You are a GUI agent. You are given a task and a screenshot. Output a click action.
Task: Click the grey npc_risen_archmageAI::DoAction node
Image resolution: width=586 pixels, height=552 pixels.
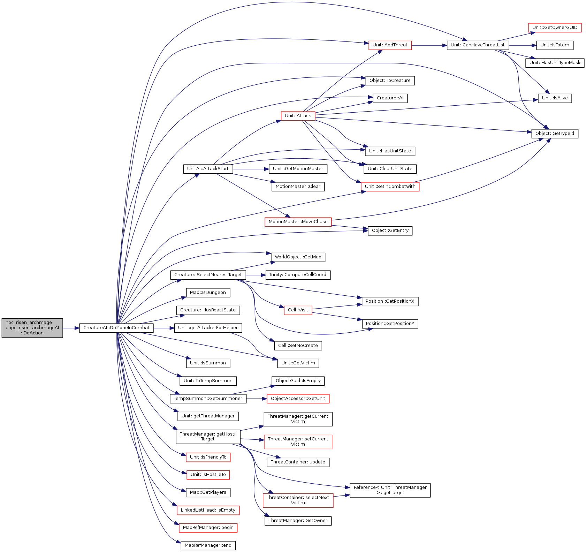click(32, 328)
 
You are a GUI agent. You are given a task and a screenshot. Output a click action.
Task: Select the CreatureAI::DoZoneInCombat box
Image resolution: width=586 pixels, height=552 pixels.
click(116, 328)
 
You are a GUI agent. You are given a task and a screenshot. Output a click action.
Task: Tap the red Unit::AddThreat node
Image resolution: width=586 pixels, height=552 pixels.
click(390, 45)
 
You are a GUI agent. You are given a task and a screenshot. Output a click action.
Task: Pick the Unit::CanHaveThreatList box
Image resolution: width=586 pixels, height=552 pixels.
click(478, 45)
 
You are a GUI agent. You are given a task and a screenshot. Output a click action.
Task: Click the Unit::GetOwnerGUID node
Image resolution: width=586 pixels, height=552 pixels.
click(555, 28)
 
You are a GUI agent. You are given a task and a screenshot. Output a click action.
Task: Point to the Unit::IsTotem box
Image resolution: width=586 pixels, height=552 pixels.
click(555, 45)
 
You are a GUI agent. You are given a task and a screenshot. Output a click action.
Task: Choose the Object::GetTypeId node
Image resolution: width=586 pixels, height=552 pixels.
click(555, 134)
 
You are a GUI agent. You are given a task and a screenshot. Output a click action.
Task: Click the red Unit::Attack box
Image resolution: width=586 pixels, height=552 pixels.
click(298, 116)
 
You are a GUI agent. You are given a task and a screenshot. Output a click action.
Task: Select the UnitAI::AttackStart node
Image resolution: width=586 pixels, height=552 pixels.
click(208, 169)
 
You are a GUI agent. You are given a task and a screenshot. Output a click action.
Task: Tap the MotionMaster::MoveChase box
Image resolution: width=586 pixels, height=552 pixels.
click(298, 222)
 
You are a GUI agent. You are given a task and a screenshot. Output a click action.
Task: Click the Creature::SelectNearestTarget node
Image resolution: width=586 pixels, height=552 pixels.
click(208, 275)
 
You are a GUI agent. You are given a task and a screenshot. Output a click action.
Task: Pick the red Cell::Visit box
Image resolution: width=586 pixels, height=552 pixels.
click(298, 310)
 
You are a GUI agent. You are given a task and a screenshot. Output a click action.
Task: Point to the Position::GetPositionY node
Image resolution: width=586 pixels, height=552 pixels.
click(390, 324)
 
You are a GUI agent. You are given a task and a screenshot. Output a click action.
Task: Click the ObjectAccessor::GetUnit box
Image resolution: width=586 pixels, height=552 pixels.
click(298, 399)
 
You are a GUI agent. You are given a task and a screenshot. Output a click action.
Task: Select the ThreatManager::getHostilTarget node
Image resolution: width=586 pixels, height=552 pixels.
click(208, 437)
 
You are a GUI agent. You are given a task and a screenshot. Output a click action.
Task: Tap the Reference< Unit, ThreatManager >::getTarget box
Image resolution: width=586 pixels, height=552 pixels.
click(390, 490)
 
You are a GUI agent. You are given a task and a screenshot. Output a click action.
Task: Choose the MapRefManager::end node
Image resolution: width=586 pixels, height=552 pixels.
click(208, 545)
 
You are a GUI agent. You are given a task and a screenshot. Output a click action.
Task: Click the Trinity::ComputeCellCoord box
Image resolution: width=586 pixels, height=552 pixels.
click(298, 275)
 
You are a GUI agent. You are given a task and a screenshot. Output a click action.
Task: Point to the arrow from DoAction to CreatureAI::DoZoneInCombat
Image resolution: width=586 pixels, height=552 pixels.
click(71, 328)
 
